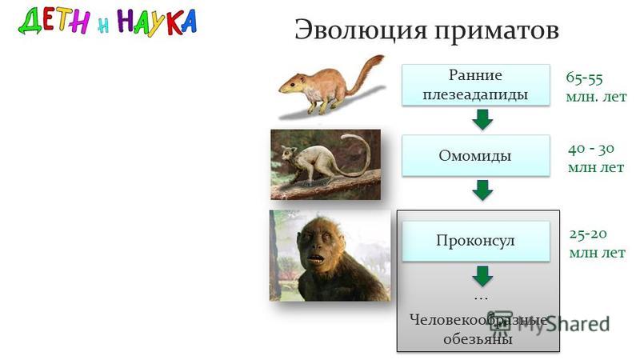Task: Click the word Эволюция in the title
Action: coord(361,30)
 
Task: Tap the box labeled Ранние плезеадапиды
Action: coord(475,85)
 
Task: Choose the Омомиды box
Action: coord(475,155)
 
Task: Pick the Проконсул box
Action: coord(475,241)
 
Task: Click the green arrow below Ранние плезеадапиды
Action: coord(482,119)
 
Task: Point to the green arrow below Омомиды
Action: coord(482,190)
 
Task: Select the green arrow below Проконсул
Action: coord(482,276)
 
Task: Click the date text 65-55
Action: coord(584,78)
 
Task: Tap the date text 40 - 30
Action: coord(591,149)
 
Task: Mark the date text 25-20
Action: coord(588,234)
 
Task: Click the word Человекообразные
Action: coord(478,321)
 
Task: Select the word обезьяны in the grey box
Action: coord(478,339)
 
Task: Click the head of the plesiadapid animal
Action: coord(291,84)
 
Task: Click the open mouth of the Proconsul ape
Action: coord(316,258)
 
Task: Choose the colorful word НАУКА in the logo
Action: coord(157,22)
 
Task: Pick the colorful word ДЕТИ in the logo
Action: coord(54,22)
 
